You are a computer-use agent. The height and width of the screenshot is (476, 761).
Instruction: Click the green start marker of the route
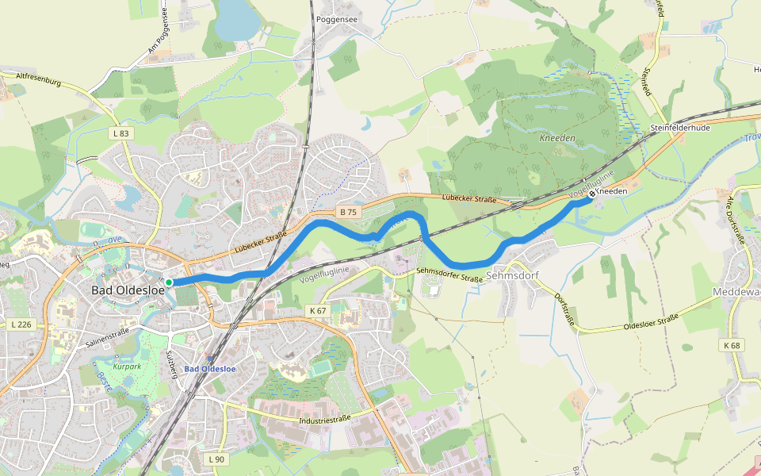click(169, 282)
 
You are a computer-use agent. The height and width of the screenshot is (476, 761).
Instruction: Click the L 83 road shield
click(120, 134)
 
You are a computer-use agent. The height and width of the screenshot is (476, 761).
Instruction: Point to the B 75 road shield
click(348, 212)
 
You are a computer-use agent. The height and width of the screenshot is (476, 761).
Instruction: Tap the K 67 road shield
click(318, 311)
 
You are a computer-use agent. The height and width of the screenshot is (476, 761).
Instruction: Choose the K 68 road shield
click(731, 345)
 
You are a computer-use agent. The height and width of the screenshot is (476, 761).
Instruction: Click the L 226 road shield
click(22, 324)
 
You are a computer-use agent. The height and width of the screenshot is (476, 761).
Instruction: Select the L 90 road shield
click(216, 459)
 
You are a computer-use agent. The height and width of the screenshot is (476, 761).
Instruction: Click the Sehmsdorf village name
click(511, 277)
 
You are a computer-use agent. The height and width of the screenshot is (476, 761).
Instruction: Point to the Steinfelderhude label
click(679, 127)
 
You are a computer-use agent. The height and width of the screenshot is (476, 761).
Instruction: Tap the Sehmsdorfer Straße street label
click(449, 275)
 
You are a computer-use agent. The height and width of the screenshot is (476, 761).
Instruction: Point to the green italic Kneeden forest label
click(556, 138)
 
